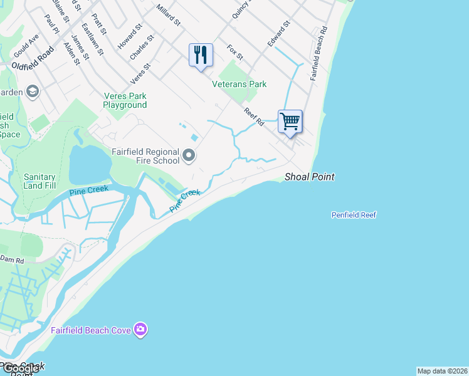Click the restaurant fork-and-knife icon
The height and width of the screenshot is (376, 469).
201,55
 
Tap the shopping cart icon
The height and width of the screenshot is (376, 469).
290,121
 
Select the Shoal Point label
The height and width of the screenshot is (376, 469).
309,177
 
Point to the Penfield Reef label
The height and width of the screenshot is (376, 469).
354,215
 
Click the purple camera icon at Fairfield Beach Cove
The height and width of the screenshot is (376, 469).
140,329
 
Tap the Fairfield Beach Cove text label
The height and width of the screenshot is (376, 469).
92,330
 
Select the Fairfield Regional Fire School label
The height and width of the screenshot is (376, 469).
145,156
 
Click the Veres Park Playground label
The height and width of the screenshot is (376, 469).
125,100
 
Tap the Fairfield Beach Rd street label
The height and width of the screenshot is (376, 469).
318,53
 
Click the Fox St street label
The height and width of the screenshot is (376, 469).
234,52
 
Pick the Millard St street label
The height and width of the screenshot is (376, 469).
168,16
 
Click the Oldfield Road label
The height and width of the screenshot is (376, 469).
33,65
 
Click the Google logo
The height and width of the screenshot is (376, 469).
19,368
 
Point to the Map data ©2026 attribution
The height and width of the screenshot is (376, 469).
442,371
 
